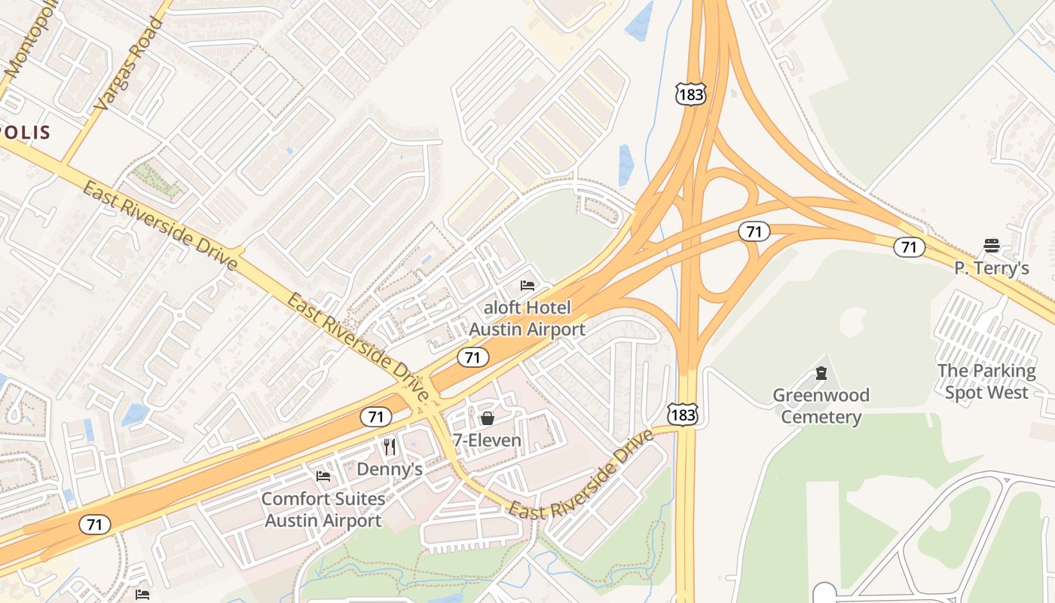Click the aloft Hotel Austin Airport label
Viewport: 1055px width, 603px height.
[527, 319]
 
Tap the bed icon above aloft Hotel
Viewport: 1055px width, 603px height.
[527, 286]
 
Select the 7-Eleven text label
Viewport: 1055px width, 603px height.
[487, 440]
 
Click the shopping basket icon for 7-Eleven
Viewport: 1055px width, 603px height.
[488, 418]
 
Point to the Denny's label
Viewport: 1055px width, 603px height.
[389, 469]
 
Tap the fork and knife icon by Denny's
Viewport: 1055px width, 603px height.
[389, 447]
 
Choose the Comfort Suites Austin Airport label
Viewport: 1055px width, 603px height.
[323, 510]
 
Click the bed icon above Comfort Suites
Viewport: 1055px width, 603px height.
[323, 476]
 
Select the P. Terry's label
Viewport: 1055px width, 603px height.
[991, 268]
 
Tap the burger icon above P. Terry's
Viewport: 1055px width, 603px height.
[991, 246]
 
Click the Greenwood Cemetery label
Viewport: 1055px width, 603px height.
[821, 406]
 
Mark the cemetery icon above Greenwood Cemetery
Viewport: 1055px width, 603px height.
[821, 373]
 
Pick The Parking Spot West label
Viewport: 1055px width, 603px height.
[986, 382]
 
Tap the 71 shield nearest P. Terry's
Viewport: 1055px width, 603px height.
[910, 246]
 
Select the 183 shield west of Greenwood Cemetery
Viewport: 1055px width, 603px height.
[682, 414]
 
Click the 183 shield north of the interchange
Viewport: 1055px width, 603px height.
[690, 94]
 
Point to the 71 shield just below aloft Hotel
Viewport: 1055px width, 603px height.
[472, 357]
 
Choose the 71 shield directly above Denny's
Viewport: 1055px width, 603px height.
[375, 416]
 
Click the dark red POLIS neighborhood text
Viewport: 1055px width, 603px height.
[26, 133]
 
